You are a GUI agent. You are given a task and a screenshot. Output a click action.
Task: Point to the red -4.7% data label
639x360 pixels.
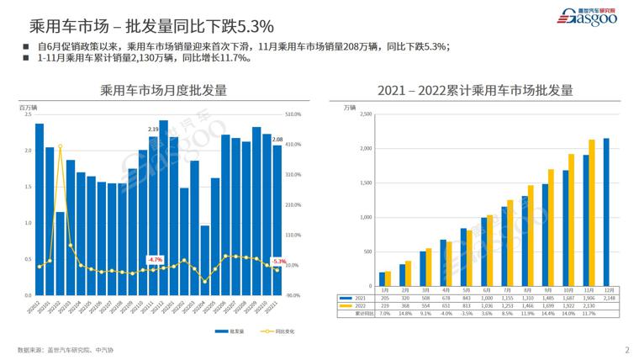point(154,259)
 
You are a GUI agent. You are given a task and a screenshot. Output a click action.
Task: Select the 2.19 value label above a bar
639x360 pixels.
point(153,129)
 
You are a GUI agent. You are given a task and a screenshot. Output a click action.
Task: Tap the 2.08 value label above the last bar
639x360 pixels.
point(278,139)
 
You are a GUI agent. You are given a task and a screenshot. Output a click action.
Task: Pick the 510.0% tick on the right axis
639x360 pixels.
point(294,114)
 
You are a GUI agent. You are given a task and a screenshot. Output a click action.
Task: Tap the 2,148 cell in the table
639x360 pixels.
point(606,298)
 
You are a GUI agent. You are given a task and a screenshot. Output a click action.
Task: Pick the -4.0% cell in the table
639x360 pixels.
point(446,313)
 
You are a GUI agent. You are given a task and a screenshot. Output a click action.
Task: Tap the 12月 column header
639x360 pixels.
point(606,290)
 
